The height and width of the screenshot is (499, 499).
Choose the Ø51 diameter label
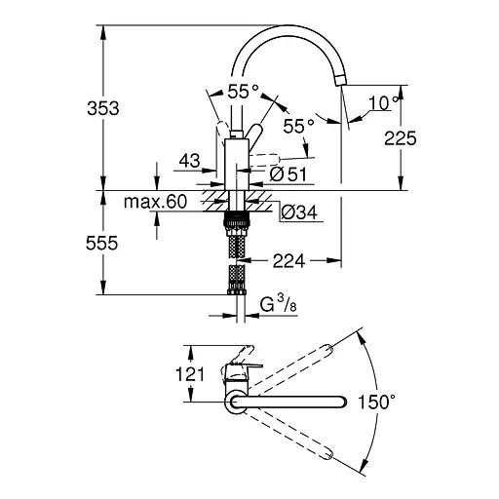[288, 175]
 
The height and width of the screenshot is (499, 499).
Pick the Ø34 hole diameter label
[298, 211]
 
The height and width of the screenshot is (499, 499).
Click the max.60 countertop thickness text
[155, 203]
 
